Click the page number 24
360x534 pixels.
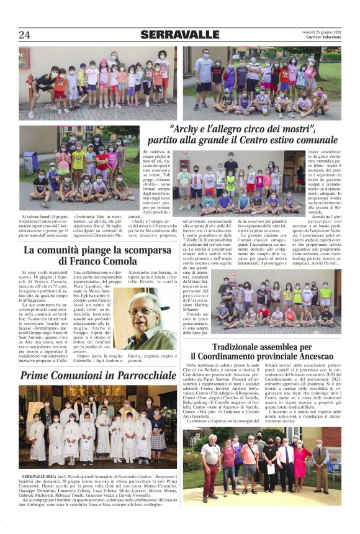click(x=24, y=34)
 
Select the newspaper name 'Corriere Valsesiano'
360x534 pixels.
click(x=321, y=38)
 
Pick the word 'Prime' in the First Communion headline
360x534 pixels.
click(x=38, y=376)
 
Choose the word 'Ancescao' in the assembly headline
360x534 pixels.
click(x=313, y=356)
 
